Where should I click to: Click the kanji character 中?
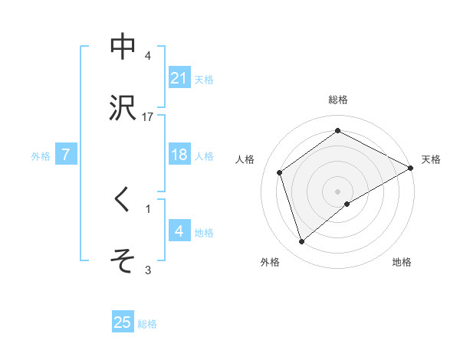[x=123, y=47]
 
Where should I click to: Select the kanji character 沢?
[x=123, y=107]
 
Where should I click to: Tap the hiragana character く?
[x=123, y=200]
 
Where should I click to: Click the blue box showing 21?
[x=179, y=78]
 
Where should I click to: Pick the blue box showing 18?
[x=179, y=155]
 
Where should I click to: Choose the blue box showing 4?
[x=179, y=231]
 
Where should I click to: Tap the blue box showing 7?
[x=66, y=155]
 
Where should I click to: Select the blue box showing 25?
[x=123, y=322]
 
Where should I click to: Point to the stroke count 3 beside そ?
[x=148, y=270]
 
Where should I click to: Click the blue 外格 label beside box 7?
[x=41, y=156]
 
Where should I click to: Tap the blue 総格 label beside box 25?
[x=147, y=323]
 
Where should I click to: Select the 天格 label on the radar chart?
[x=431, y=159]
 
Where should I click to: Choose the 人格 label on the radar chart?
[x=245, y=159]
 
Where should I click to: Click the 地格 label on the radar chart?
[x=402, y=262]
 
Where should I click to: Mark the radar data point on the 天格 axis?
[x=411, y=167]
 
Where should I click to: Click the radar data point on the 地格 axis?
[x=347, y=204]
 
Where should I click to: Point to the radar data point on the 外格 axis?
[x=302, y=242]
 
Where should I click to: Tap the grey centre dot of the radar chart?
[x=338, y=191]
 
